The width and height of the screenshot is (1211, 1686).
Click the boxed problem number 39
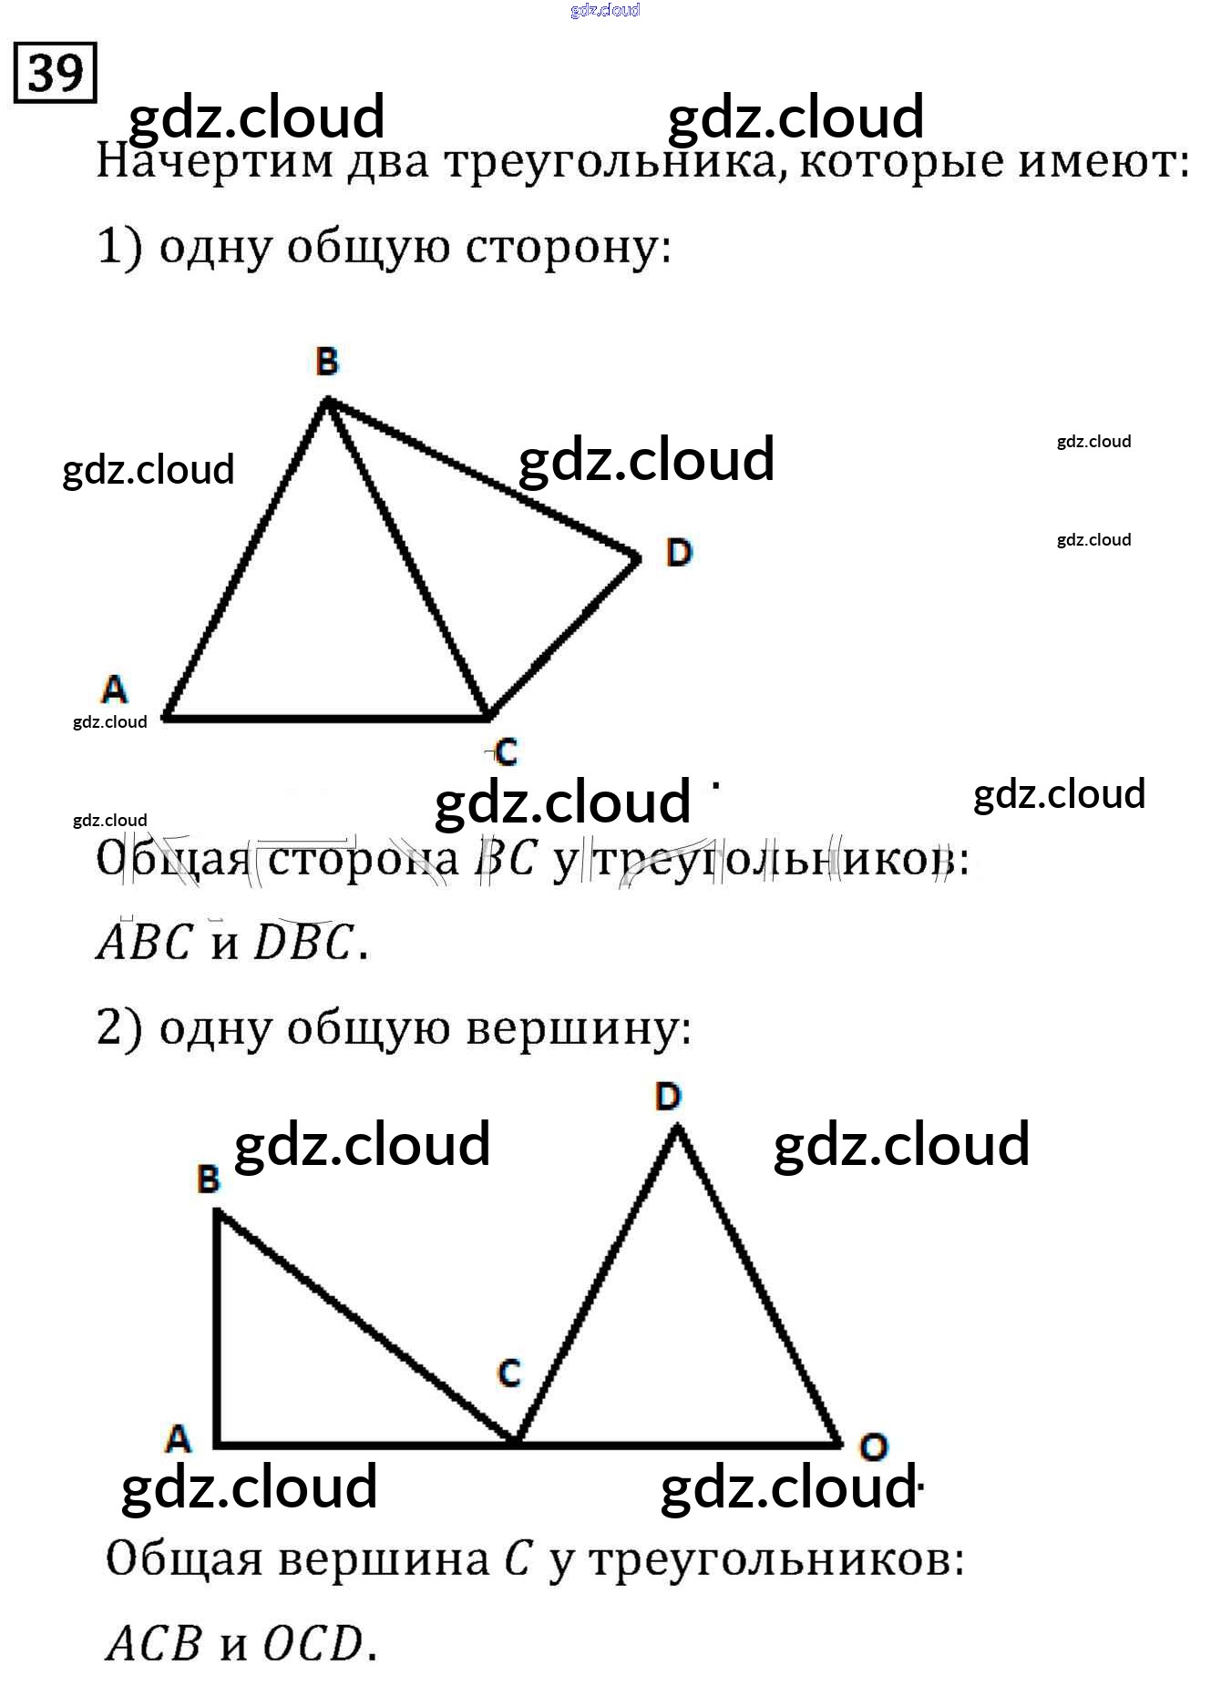(55, 72)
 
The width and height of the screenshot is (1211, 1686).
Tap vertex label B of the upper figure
(327, 363)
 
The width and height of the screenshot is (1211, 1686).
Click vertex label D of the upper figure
(679, 552)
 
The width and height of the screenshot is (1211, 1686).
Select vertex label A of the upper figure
(114, 690)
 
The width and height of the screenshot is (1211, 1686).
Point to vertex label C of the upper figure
(506, 752)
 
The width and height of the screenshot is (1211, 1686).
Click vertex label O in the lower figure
(873, 1446)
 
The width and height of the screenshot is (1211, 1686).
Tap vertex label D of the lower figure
(668, 1097)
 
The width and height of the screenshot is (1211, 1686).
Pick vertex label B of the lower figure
(209, 1180)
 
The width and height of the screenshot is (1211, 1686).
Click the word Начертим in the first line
(215, 162)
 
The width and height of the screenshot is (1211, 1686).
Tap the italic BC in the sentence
(504, 859)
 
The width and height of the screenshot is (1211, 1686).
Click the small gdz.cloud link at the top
(605, 10)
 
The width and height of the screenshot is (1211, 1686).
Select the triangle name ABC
(145, 943)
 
